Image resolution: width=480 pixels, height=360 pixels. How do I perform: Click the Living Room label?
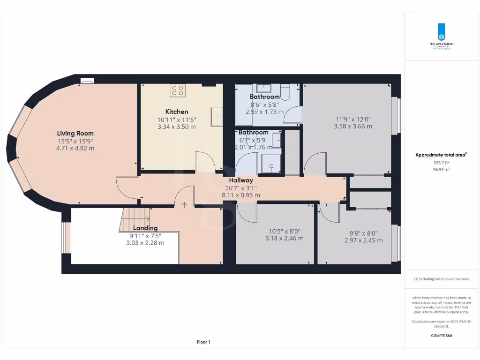[x=75, y=134]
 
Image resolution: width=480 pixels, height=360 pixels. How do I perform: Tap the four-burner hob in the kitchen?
[x=178, y=90]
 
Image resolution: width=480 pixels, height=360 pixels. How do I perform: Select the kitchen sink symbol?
[x=217, y=117]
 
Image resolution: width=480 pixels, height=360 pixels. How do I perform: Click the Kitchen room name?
[x=177, y=112]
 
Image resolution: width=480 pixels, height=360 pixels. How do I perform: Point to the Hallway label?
[x=241, y=180]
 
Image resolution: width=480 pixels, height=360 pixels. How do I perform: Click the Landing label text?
[x=145, y=228]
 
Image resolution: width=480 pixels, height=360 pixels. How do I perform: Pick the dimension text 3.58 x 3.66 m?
[x=353, y=126]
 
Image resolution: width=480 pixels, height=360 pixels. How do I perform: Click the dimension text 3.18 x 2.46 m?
[x=284, y=238]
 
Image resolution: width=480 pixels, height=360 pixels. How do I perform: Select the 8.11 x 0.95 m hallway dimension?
[x=241, y=195]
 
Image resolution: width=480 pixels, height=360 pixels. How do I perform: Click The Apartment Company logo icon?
[x=441, y=31]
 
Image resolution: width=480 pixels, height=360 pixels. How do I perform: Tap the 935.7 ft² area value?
[x=441, y=163]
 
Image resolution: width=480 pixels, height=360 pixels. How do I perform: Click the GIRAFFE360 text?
[x=441, y=336]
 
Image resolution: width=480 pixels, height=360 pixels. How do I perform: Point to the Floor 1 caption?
[x=203, y=342]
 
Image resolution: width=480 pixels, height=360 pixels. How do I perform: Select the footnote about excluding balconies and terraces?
[x=441, y=279]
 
